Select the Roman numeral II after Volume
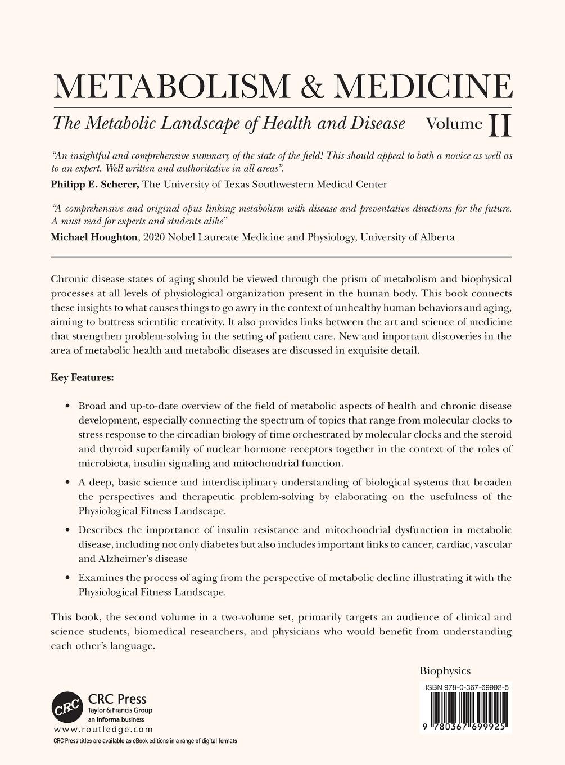pos(500,125)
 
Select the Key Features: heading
pos(83,377)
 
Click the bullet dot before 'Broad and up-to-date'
pos(67,406)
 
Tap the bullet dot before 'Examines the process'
pos(67,578)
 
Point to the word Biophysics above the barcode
pos(445,670)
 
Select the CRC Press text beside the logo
pos(117,699)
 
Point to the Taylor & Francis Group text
pos(120,710)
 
